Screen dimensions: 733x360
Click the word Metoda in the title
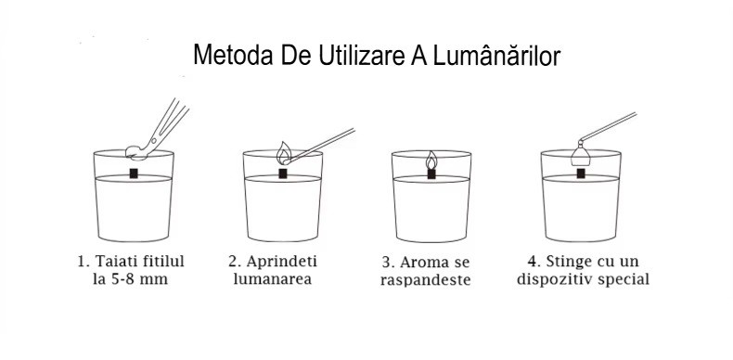point(233,55)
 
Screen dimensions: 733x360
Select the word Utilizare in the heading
point(362,55)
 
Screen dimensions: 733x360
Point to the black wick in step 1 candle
point(134,173)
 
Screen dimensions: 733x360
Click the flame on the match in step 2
point(283,153)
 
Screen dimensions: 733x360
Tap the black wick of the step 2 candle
point(283,174)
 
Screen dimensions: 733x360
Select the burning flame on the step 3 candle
point(431,160)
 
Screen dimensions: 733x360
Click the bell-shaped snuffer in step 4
point(581,153)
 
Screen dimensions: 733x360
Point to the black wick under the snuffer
point(581,174)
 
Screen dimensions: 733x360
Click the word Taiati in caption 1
point(113,262)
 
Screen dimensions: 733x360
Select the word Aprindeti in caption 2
point(281,262)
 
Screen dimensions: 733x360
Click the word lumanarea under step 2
point(273,279)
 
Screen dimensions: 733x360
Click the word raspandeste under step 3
point(425,280)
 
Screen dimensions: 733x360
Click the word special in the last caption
point(624,279)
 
